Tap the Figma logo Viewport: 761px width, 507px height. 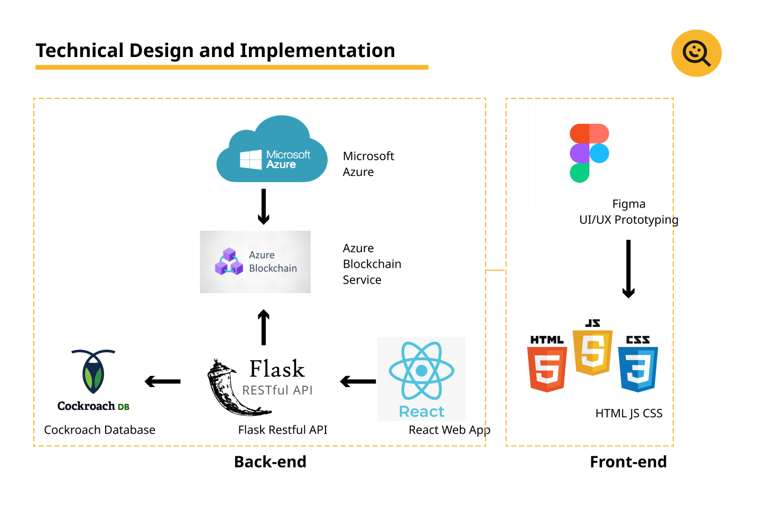(x=589, y=153)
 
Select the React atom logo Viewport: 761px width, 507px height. (x=421, y=371)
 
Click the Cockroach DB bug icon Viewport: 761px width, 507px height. (x=94, y=372)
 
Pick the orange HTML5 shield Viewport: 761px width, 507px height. (x=547, y=369)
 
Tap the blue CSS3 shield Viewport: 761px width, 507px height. (x=638, y=369)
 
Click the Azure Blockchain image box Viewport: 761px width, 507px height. (x=255, y=262)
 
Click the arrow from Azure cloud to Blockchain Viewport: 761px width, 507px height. (x=264, y=206)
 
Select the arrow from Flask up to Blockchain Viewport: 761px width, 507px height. (x=264, y=327)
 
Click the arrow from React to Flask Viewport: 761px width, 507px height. (x=358, y=381)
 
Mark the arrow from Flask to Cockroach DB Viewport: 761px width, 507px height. (x=163, y=381)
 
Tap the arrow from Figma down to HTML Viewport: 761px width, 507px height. (x=628, y=269)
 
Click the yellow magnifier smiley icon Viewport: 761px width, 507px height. (x=697, y=53)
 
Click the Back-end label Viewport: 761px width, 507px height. (x=270, y=462)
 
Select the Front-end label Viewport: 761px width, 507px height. (x=628, y=462)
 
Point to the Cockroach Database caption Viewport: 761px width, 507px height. (x=99, y=430)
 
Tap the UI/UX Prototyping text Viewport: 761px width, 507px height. (x=628, y=220)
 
